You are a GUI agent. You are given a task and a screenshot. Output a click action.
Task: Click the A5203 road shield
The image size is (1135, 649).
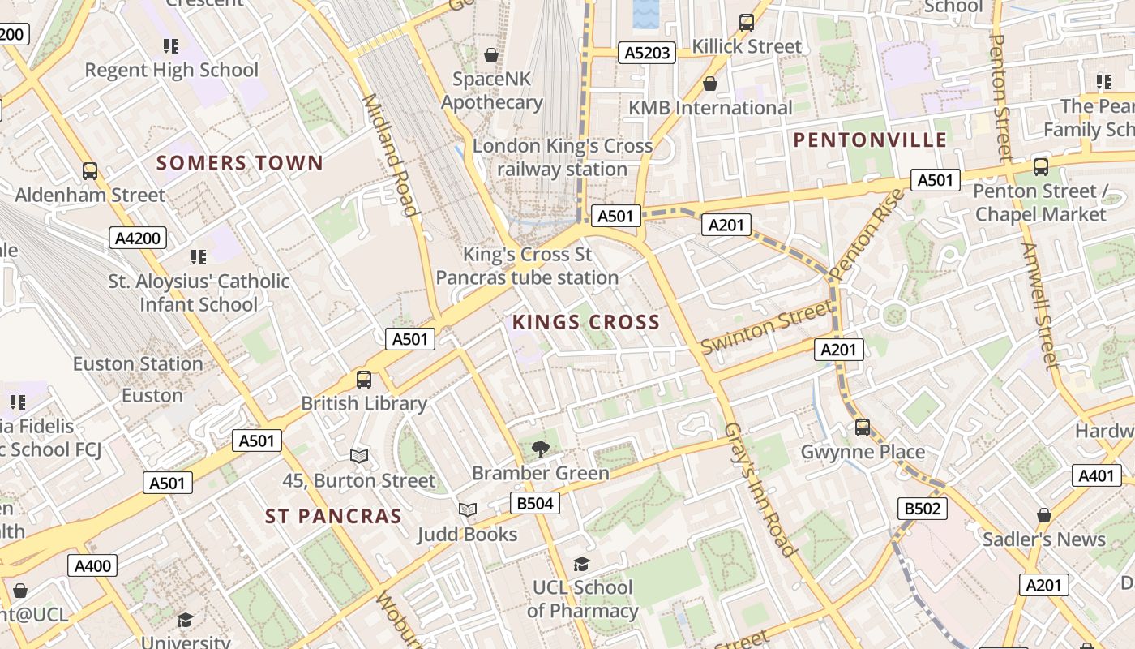pyautogui.click(x=646, y=53)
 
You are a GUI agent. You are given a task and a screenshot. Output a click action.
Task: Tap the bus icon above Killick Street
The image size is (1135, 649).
pyautogui.click(x=747, y=23)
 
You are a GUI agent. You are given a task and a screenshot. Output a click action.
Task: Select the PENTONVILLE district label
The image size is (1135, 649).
pyautogui.click(x=870, y=140)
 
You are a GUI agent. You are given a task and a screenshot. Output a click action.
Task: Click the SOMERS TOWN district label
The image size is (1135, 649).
pyautogui.click(x=240, y=163)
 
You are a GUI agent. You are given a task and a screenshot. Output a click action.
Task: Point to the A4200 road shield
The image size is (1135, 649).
pyautogui.click(x=138, y=238)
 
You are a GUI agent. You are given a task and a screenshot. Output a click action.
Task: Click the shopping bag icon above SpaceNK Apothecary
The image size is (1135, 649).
pyautogui.click(x=490, y=55)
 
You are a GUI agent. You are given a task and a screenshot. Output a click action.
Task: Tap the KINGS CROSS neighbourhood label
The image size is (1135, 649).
pyautogui.click(x=585, y=322)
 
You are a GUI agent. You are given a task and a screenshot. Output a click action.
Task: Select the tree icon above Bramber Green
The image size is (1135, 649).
pyautogui.click(x=540, y=449)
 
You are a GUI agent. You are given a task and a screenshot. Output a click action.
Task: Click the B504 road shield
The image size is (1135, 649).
pyautogui.click(x=535, y=503)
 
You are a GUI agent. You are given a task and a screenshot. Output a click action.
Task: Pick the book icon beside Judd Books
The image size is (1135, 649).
pyautogui.click(x=468, y=509)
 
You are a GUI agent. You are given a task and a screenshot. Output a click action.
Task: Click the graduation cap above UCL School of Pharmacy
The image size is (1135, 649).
pyautogui.click(x=581, y=564)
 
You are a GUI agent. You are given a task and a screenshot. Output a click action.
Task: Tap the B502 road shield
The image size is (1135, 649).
pyautogui.click(x=923, y=509)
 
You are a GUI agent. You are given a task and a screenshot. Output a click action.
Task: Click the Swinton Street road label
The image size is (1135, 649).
pyautogui.click(x=766, y=327)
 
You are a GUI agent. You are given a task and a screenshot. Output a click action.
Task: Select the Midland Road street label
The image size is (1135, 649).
pyautogui.click(x=391, y=154)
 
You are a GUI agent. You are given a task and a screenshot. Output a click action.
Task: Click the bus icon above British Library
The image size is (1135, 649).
pyautogui.click(x=364, y=379)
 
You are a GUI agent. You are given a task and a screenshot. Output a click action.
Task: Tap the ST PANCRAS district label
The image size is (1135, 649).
pyautogui.click(x=333, y=516)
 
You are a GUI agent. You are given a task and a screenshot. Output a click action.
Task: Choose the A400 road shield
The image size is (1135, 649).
pyautogui.click(x=92, y=565)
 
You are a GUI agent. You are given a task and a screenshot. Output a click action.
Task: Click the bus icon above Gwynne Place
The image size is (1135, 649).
pyautogui.click(x=863, y=428)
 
